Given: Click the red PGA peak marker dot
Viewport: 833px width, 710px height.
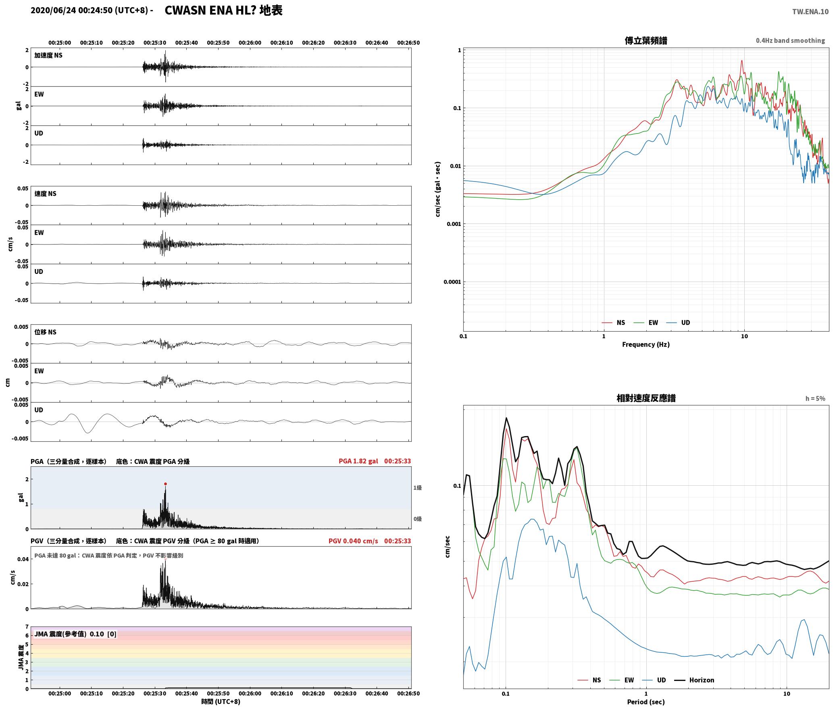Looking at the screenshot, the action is coord(165,484).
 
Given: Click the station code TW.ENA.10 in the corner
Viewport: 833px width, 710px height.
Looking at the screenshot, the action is coord(810,12).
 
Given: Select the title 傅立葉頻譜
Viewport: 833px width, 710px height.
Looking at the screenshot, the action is coord(646,40).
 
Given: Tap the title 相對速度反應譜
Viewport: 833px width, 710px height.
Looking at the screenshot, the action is coord(646,398).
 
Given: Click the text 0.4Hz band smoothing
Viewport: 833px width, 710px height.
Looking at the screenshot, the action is coord(790,40).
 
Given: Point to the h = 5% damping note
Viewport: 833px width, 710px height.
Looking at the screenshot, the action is coord(815,399).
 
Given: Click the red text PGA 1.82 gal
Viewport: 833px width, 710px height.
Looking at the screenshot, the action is coord(358,461).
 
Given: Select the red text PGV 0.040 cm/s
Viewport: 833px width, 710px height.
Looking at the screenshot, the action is coord(353,541).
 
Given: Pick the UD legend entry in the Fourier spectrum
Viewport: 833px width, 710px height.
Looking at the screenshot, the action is coord(678,323).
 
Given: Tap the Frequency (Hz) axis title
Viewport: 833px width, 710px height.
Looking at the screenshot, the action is coord(646,345).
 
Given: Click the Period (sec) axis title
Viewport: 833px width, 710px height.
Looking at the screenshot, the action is coord(646,702).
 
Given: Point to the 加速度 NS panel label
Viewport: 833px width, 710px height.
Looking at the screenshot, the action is coord(48,55).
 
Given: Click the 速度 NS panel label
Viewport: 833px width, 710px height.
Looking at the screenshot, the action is coord(46,194).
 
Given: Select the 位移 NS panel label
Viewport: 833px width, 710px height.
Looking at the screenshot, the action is coord(46,332).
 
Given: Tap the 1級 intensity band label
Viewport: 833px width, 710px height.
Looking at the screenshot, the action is coord(417,488).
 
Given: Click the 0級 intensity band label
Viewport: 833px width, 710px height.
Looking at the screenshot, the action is coord(417,519).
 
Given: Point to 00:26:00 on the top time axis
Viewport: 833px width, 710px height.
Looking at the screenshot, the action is coord(250,43).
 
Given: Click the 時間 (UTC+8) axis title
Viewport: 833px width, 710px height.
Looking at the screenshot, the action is coord(221,702).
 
